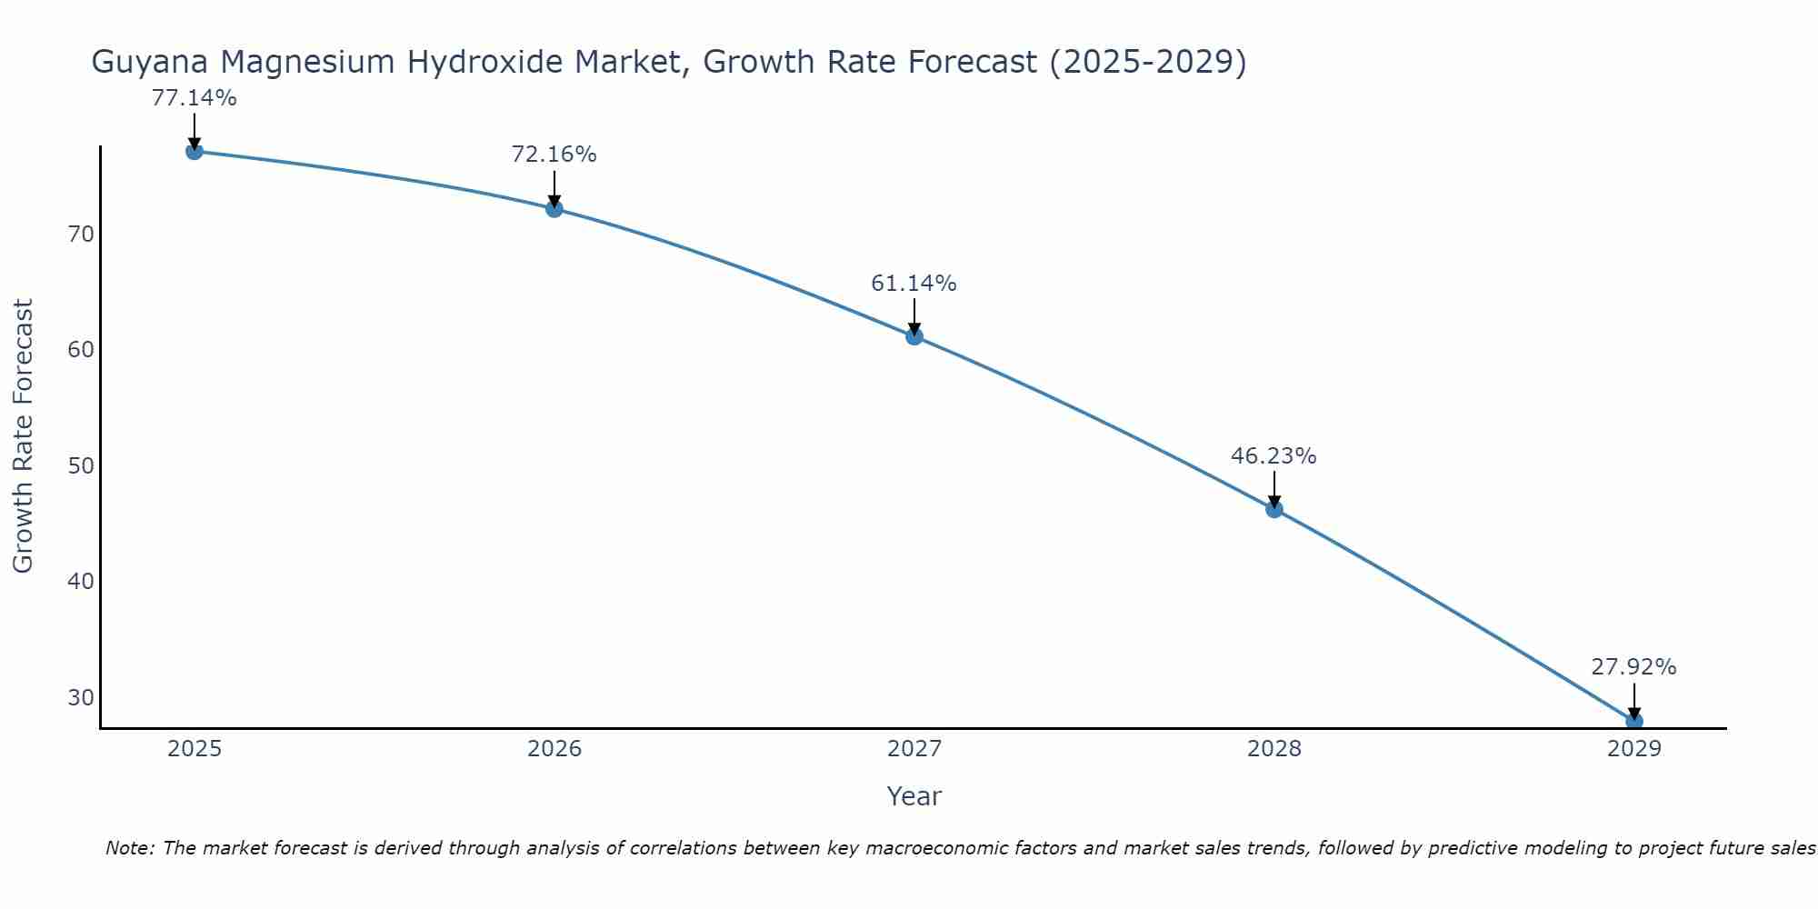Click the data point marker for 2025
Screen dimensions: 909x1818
(194, 151)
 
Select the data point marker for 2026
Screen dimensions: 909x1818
(554, 209)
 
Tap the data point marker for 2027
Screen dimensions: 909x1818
(914, 336)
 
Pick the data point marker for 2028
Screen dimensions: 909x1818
(1274, 509)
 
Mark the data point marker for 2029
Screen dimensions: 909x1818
(1633, 721)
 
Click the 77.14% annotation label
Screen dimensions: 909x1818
(194, 98)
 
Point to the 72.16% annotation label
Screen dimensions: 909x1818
(554, 155)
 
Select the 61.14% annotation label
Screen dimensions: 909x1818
(914, 284)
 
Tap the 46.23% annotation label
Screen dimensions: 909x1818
(1274, 456)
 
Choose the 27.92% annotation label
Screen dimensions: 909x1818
(1633, 667)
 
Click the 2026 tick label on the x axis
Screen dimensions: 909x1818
(554, 749)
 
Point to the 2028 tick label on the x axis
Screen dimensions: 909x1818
(1274, 749)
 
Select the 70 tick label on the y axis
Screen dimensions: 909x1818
(81, 235)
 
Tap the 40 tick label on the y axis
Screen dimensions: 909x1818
(81, 582)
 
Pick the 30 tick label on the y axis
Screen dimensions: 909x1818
(81, 697)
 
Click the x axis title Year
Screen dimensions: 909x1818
(914, 796)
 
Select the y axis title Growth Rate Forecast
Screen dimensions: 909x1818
(23, 436)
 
